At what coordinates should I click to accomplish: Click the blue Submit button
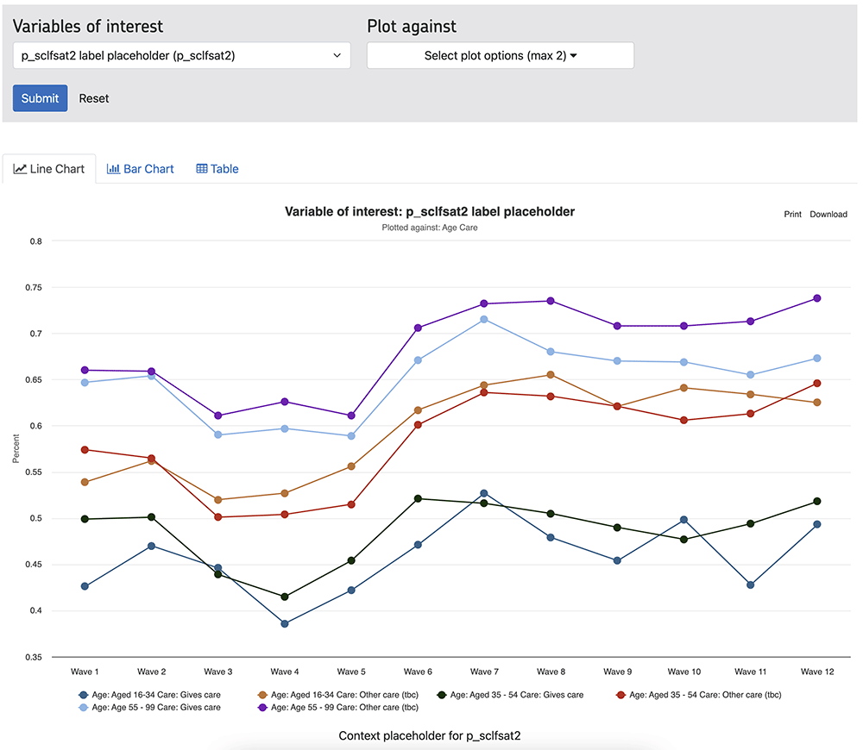pyautogui.click(x=40, y=98)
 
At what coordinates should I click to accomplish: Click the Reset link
pyautogui.click(x=94, y=98)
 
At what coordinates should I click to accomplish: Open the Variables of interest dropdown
pyautogui.click(x=181, y=55)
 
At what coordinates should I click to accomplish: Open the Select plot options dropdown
pyautogui.click(x=501, y=55)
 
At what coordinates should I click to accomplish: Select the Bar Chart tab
pyautogui.click(x=140, y=169)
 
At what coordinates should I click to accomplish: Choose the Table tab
pyautogui.click(x=217, y=169)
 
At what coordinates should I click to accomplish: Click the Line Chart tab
pyautogui.click(x=49, y=169)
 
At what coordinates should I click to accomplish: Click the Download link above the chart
pyautogui.click(x=828, y=215)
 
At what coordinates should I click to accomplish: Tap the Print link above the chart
pyautogui.click(x=792, y=215)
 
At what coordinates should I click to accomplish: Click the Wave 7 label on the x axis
pyautogui.click(x=483, y=672)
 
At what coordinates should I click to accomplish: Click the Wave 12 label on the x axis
pyautogui.click(x=816, y=672)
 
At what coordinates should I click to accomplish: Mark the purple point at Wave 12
pyautogui.click(x=816, y=298)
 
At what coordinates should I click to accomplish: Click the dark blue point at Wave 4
pyautogui.click(x=285, y=623)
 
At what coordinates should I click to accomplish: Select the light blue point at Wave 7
pyautogui.click(x=483, y=320)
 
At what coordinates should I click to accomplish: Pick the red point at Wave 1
pyautogui.click(x=85, y=450)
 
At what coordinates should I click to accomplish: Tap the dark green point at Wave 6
pyautogui.click(x=418, y=498)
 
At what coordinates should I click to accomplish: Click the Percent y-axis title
pyautogui.click(x=16, y=448)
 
